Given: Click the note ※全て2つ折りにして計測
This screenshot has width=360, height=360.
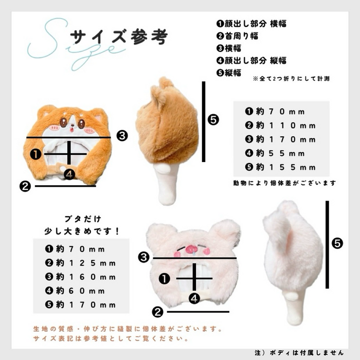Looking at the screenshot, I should [291, 79].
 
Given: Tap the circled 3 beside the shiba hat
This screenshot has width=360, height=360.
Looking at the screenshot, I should [122, 136].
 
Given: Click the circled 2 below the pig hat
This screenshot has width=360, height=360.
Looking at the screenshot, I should [158, 311].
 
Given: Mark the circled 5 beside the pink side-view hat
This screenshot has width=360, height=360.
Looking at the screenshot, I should [337, 243].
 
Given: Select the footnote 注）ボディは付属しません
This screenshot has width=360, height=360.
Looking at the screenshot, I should [298, 352].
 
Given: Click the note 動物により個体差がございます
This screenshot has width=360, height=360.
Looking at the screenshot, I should [284, 183].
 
